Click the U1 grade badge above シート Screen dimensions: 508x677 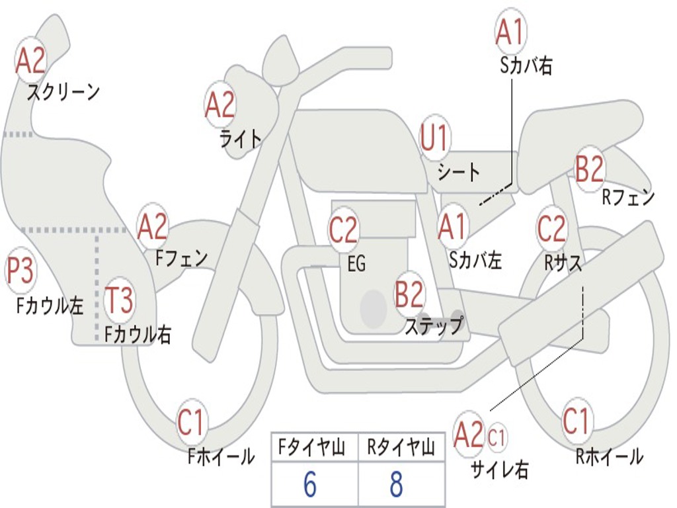434,140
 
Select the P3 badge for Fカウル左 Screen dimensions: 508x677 20,272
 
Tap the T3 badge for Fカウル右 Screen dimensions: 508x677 120,301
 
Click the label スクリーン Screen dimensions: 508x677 63,92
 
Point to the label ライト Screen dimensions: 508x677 241,138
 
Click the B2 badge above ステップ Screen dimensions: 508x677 409,294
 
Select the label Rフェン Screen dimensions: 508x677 628,196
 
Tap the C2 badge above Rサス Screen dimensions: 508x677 551,229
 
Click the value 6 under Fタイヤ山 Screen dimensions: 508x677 310,485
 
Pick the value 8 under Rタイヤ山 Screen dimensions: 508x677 396,485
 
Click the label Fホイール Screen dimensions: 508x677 221,456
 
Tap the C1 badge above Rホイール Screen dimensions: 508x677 575,421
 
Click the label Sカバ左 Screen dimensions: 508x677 475,260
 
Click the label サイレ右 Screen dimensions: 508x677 499,469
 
